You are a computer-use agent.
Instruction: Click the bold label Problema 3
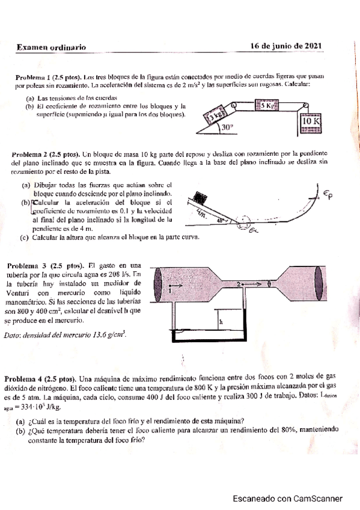tap(26, 265)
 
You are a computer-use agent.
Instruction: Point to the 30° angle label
tap(227, 127)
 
